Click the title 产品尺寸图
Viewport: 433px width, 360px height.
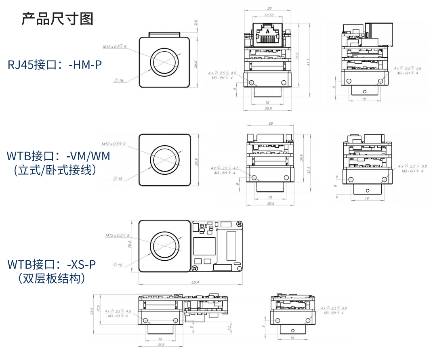57,19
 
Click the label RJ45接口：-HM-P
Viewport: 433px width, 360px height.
55,65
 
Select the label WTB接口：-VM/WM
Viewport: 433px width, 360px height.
59,155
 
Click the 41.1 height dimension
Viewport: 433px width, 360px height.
308,63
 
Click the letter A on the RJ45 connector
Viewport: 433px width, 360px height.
267,31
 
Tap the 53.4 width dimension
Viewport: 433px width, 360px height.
195,282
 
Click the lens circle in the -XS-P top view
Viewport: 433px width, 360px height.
164,246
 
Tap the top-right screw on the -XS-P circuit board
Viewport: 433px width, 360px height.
239,223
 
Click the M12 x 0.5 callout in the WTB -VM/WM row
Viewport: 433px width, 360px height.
114,144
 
